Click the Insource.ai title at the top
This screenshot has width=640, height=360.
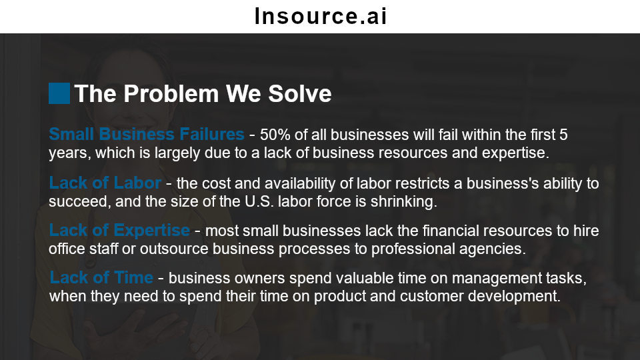click(321, 16)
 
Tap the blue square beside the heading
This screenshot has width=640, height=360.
click(59, 93)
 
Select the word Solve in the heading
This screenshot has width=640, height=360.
click(299, 93)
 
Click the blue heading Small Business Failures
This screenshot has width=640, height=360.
click(147, 134)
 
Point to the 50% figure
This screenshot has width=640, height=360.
click(275, 135)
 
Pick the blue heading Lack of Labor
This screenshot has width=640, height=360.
click(105, 183)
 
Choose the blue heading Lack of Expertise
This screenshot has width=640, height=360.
click(119, 231)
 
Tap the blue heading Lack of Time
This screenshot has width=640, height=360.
click(101, 277)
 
